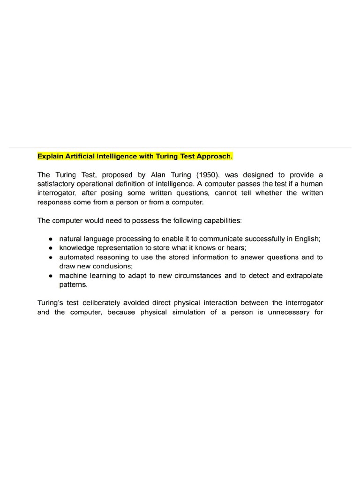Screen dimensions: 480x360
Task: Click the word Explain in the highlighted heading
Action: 50,156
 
